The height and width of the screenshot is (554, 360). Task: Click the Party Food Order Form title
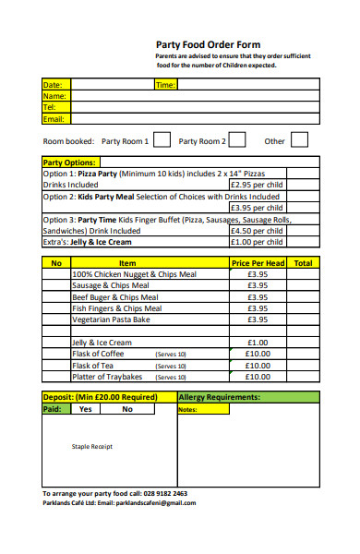(x=208, y=44)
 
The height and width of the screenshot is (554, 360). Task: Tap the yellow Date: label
(x=53, y=85)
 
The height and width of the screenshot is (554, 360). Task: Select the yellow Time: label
(x=165, y=85)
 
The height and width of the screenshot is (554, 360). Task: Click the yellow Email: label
(x=54, y=119)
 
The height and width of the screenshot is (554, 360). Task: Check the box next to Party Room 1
(x=162, y=140)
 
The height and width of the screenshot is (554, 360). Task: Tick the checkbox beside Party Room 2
(x=237, y=140)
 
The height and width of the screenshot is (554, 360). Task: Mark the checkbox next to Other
(x=299, y=140)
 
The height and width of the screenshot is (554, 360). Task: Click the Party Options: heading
(x=70, y=162)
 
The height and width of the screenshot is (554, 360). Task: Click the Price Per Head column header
(x=258, y=263)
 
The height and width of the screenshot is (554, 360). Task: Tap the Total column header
(x=303, y=263)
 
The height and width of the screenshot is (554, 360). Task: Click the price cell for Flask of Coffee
(x=258, y=354)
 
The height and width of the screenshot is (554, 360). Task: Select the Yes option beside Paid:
(x=86, y=409)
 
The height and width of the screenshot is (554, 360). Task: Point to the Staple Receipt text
(x=91, y=447)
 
